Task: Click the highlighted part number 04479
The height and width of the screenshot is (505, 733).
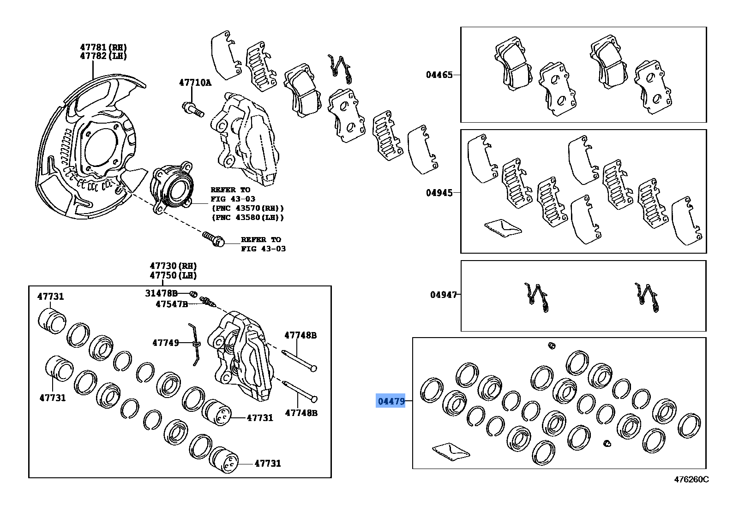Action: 391,401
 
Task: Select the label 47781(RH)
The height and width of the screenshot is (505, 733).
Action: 103,47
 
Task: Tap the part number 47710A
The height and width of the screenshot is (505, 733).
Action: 195,83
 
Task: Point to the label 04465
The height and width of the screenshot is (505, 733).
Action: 439,74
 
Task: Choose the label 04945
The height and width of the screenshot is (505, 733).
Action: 439,192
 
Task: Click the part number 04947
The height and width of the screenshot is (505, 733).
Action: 443,294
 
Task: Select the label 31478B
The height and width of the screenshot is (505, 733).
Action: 161,293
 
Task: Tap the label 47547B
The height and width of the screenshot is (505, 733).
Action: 171,304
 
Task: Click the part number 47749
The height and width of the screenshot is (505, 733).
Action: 165,343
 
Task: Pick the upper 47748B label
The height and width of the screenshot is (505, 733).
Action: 300,335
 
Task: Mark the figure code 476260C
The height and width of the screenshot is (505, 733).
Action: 691,479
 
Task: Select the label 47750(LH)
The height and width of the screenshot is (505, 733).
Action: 173,275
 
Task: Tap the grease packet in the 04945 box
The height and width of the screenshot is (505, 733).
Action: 503,228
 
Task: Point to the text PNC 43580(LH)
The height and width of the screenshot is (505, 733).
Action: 247,217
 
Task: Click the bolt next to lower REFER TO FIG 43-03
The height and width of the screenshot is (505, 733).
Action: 214,238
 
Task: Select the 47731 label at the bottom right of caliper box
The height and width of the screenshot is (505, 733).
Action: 267,463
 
